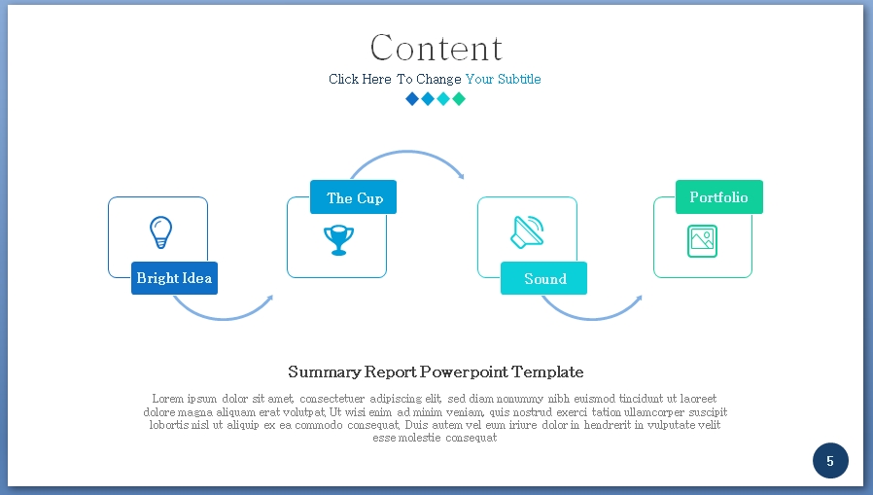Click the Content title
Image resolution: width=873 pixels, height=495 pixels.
436,48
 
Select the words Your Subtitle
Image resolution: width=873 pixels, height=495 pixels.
503,79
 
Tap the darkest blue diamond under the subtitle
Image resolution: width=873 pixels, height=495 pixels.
412,98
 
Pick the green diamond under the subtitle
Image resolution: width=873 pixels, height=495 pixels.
459,98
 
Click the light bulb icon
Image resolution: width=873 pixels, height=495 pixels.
160,232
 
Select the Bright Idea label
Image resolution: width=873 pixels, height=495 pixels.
174,278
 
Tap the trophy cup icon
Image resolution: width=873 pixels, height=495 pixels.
338,239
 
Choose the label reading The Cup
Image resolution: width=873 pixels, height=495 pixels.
354,197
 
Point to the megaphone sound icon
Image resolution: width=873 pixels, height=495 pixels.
527,231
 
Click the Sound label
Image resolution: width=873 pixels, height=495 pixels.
544,279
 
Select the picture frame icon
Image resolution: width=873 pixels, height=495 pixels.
702,240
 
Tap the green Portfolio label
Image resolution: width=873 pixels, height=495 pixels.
718,197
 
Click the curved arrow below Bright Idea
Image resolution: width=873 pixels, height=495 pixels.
223,313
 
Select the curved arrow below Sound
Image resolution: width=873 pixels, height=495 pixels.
591,314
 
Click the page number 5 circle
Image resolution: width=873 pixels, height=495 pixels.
830,461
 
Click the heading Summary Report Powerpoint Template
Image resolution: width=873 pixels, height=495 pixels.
436,371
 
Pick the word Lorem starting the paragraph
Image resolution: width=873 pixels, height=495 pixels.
167,399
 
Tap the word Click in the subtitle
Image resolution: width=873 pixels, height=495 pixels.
344,79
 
